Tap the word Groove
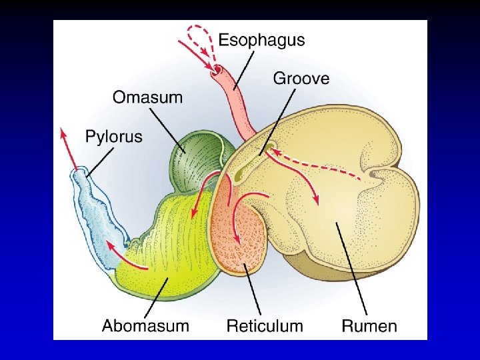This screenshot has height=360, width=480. [x=301, y=79]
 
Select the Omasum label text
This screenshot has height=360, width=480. [x=147, y=97]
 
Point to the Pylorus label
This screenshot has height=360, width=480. [x=114, y=137]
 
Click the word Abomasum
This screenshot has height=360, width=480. [x=145, y=326]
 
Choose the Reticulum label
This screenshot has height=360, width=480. [x=265, y=326]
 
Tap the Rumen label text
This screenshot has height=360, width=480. [x=369, y=326]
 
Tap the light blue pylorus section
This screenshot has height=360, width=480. [x=93, y=213]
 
